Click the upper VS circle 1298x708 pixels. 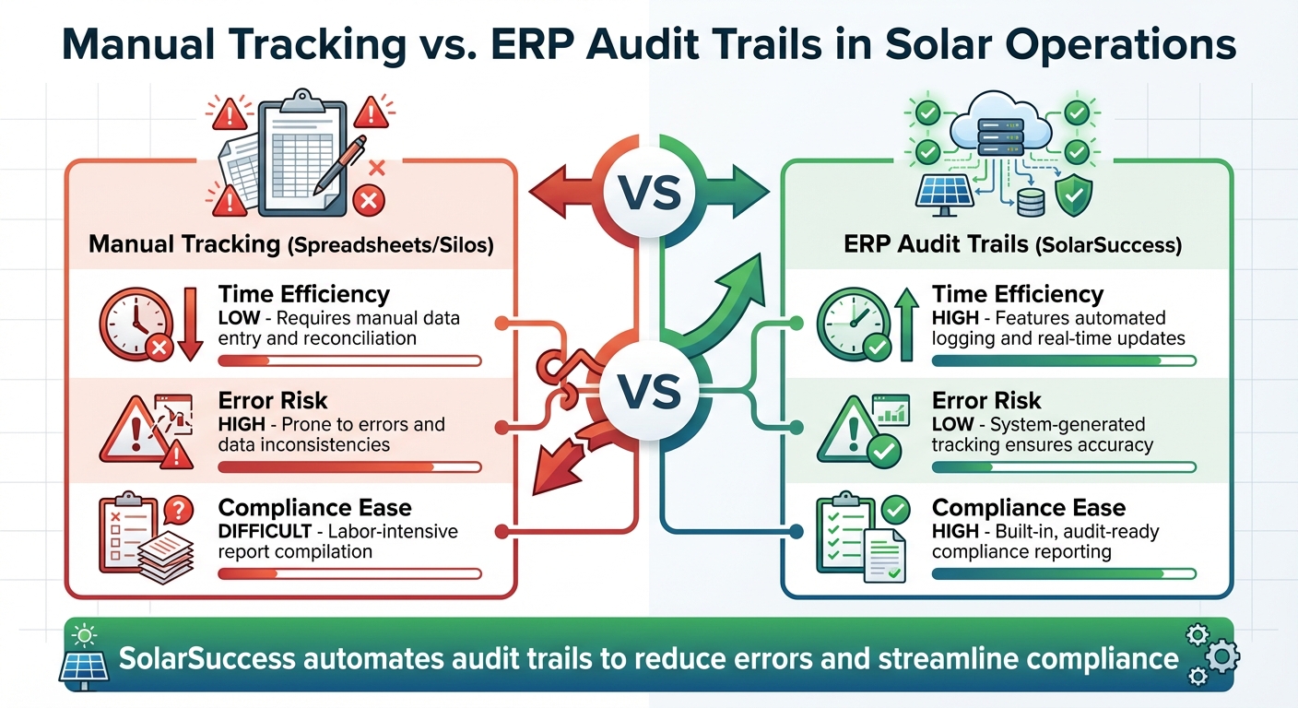(648, 195)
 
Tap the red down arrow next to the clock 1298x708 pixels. (190, 323)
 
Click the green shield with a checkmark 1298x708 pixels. (1074, 196)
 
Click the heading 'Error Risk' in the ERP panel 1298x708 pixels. (985, 400)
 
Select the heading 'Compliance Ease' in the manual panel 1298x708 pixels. (314, 508)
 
